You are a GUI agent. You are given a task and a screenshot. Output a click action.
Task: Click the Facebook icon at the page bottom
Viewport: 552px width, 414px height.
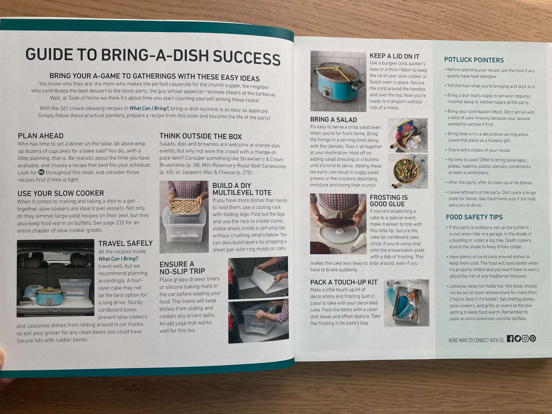coord(510,339)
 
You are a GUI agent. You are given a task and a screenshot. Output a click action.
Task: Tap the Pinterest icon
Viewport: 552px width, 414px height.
coord(533,338)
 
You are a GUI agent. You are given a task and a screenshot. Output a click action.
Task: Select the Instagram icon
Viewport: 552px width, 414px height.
coord(525,339)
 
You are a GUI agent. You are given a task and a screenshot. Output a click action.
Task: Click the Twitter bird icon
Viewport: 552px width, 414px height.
coord(518,339)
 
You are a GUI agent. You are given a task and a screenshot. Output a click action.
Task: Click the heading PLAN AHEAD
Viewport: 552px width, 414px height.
coord(40,136)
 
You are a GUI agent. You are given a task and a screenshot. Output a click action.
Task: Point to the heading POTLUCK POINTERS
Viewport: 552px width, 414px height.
coord(474,60)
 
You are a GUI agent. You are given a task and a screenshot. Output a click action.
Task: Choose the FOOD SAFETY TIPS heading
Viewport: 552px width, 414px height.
coord(474,217)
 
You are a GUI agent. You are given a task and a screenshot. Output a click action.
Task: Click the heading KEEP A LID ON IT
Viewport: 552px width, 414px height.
coord(394,56)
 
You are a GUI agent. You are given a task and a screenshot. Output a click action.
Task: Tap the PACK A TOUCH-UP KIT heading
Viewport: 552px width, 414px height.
coord(344,282)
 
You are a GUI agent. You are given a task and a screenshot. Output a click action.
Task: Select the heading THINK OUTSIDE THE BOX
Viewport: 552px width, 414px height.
coord(201,136)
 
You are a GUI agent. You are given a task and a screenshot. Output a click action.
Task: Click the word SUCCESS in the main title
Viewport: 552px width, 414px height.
coord(246,58)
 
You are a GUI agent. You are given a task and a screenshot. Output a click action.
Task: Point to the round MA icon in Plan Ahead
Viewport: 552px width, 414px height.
coord(41,173)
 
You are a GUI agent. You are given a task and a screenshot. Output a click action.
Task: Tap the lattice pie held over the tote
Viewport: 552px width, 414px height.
coord(184,207)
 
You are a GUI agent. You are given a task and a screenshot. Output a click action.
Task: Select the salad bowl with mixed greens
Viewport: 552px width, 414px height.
coord(406,171)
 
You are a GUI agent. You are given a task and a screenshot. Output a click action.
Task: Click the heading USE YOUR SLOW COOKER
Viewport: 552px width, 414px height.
coord(61,193)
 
